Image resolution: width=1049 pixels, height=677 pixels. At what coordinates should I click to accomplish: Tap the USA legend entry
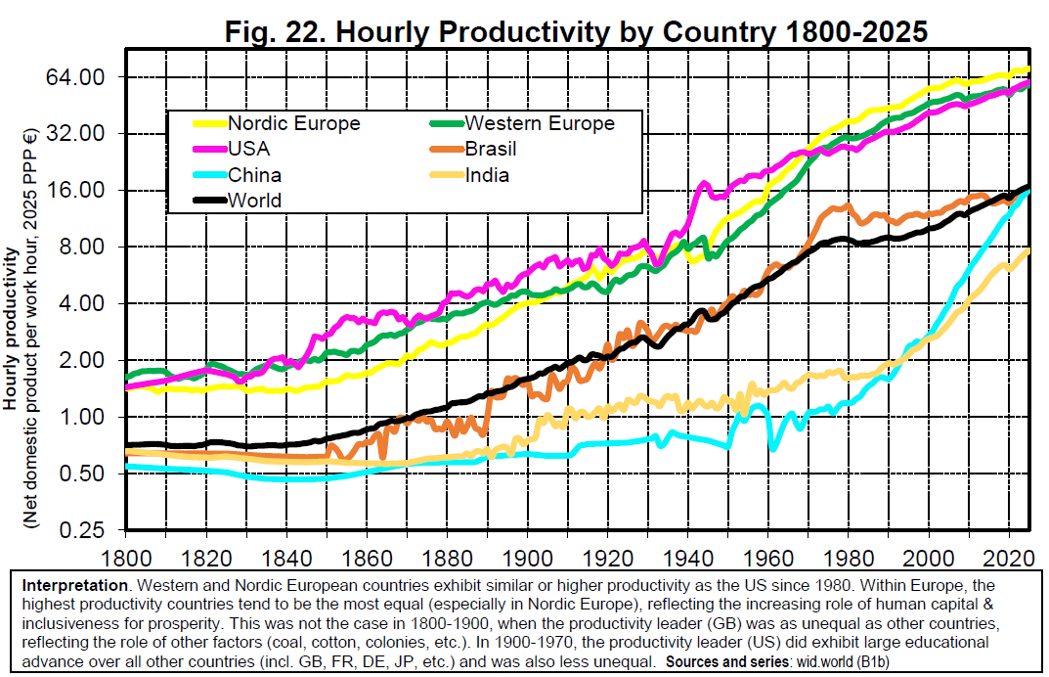[x=249, y=149]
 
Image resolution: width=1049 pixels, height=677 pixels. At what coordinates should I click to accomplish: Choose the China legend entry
[x=254, y=175]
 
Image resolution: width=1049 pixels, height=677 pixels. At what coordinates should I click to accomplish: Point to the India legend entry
[x=487, y=175]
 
